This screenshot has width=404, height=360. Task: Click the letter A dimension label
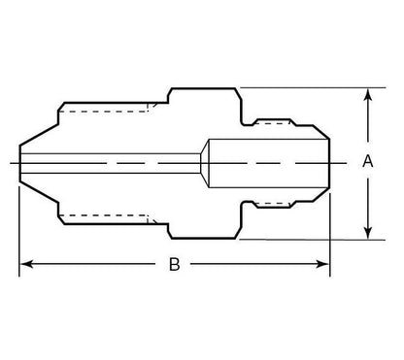(368, 163)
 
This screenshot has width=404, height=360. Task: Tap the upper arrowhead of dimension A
(368, 95)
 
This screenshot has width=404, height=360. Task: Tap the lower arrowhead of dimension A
(368, 232)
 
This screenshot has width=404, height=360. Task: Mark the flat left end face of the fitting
(19, 163)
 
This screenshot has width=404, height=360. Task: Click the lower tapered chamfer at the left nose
(40, 205)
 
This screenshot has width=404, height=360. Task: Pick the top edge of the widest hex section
(204, 88)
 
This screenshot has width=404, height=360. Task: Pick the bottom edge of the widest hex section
(204, 239)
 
